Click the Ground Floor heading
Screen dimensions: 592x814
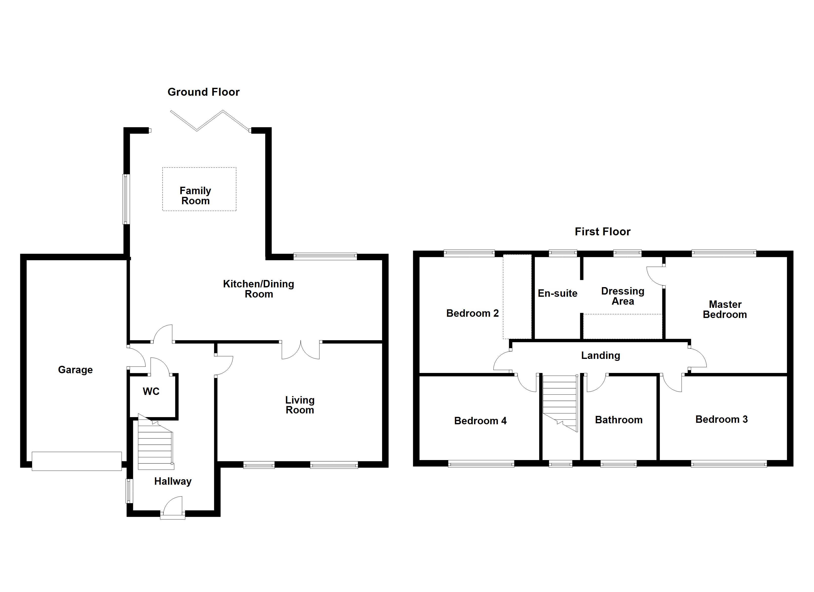pyautogui.click(x=203, y=92)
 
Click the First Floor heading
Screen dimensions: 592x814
pyautogui.click(x=602, y=232)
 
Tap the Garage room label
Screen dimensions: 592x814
pyautogui.click(x=75, y=370)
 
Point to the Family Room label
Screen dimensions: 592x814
pyautogui.click(x=195, y=196)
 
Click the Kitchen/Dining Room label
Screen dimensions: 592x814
pyautogui.click(x=259, y=289)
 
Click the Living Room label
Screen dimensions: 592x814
pyautogui.click(x=300, y=405)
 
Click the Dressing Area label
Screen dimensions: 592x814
pyautogui.click(x=622, y=296)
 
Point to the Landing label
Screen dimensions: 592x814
pyautogui.click(x=600, y=356)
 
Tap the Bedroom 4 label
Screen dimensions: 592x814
pyautogui.click(x=480, y=421)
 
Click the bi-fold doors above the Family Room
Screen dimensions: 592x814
pyautogui.click(x=210, y=121)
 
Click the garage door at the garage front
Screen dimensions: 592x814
pyautogui.click(x=76, y=461)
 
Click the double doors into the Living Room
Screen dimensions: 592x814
pyautogui.click(x=300, y=350)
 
